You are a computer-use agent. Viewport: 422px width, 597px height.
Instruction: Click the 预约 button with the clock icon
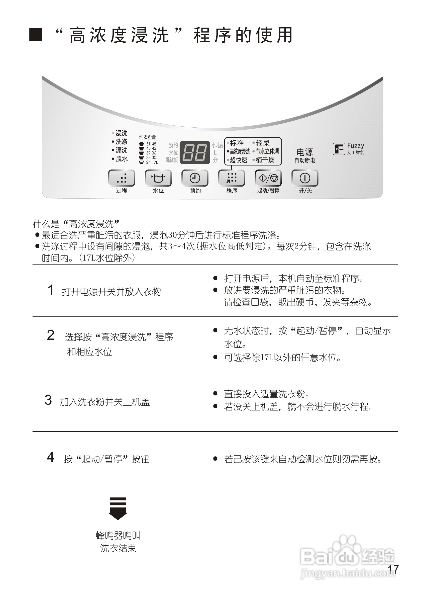coord(195,178)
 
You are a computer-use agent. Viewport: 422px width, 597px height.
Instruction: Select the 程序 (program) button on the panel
coord(232,178)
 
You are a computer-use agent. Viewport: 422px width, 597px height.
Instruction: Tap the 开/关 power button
coord(305,178)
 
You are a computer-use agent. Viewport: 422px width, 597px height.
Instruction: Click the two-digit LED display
coord(195,152)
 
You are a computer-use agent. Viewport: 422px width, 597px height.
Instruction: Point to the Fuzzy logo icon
coord(339,149)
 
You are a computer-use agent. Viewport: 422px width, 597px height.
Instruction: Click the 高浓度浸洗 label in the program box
coord(240,151)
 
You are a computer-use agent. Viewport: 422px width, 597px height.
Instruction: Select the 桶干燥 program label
coord(265,160)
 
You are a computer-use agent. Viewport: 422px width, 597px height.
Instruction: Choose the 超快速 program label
coord(238,160)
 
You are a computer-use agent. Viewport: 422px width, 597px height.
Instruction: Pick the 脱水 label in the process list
coord(121,159)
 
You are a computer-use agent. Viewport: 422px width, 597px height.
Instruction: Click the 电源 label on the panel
coord(304,152)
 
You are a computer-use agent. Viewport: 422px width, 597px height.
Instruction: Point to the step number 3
coord(48,400)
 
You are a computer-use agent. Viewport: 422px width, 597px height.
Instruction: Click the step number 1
coord(51,290)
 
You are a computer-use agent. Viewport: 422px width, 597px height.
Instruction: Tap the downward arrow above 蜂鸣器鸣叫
coord(118,508)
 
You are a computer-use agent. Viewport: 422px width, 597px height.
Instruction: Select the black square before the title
coord(36,35)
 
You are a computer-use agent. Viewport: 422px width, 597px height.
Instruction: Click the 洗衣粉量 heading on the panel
coord(147,137)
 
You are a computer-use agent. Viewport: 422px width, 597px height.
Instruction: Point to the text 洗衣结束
coord(118,548)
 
